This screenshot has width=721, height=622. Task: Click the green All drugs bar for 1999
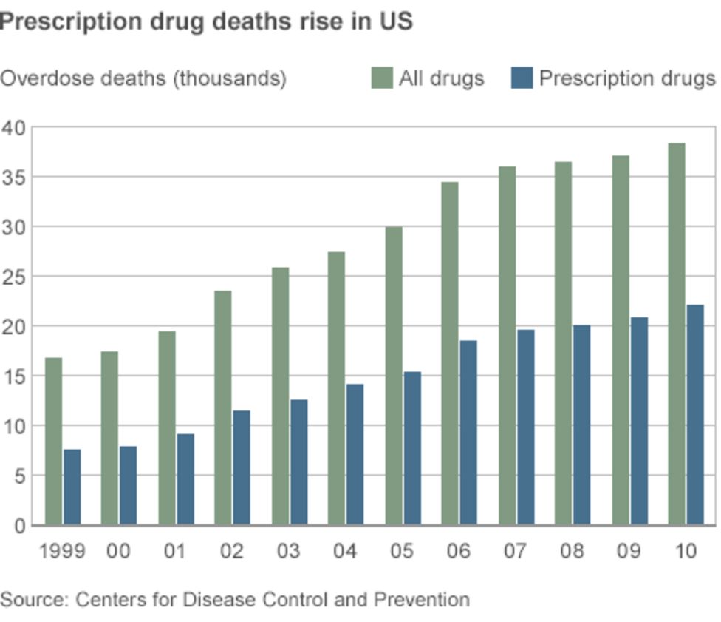54,442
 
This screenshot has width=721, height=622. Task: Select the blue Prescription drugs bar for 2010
695,415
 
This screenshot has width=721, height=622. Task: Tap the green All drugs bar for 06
450,354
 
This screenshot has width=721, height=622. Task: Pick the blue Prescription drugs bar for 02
242,467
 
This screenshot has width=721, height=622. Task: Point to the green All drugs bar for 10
677,334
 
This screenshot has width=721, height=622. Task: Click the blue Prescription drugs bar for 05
412,448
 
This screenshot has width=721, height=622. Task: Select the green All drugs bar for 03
280,396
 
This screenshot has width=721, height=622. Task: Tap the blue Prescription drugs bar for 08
582,425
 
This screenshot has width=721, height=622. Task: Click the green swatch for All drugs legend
381,78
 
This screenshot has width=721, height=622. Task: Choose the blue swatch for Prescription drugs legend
522,78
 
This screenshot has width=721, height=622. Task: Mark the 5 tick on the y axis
19,476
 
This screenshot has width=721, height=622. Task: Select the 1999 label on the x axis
62,551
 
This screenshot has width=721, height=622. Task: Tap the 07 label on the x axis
516,551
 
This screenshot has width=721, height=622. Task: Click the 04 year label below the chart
345,551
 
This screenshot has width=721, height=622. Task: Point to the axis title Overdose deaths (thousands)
143,78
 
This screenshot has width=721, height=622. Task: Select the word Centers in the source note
104,598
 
